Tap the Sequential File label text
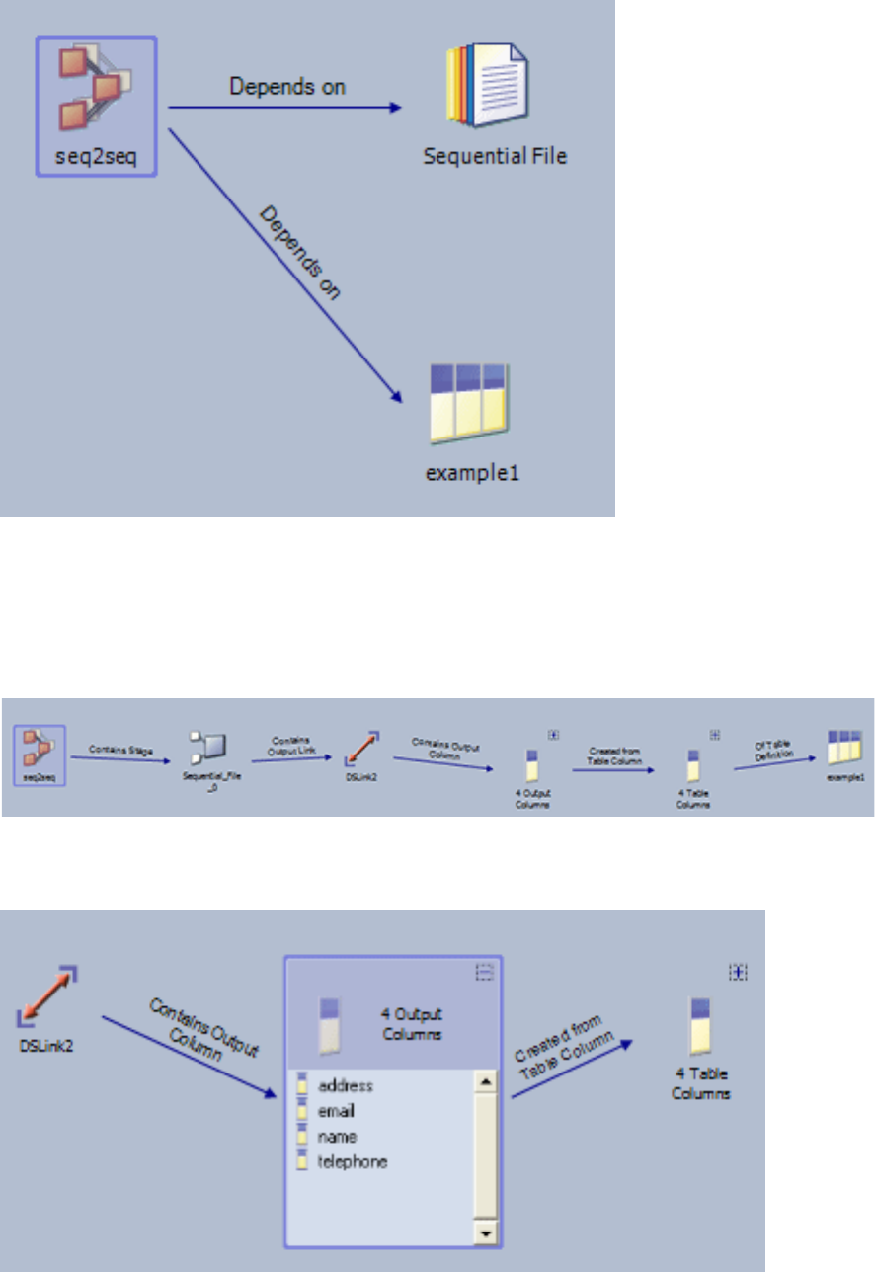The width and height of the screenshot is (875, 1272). [495, 156]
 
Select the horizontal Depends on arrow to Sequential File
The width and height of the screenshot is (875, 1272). [286, 107]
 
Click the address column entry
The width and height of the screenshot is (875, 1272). [345, 1086]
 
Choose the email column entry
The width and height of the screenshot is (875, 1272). [337, 1111]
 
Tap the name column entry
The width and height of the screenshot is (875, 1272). [337, 1137]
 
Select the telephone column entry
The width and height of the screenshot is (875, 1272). [353, 1161]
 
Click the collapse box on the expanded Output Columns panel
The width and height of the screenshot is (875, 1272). [484, 973]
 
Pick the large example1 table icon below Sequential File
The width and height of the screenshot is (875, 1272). [469, 404]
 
